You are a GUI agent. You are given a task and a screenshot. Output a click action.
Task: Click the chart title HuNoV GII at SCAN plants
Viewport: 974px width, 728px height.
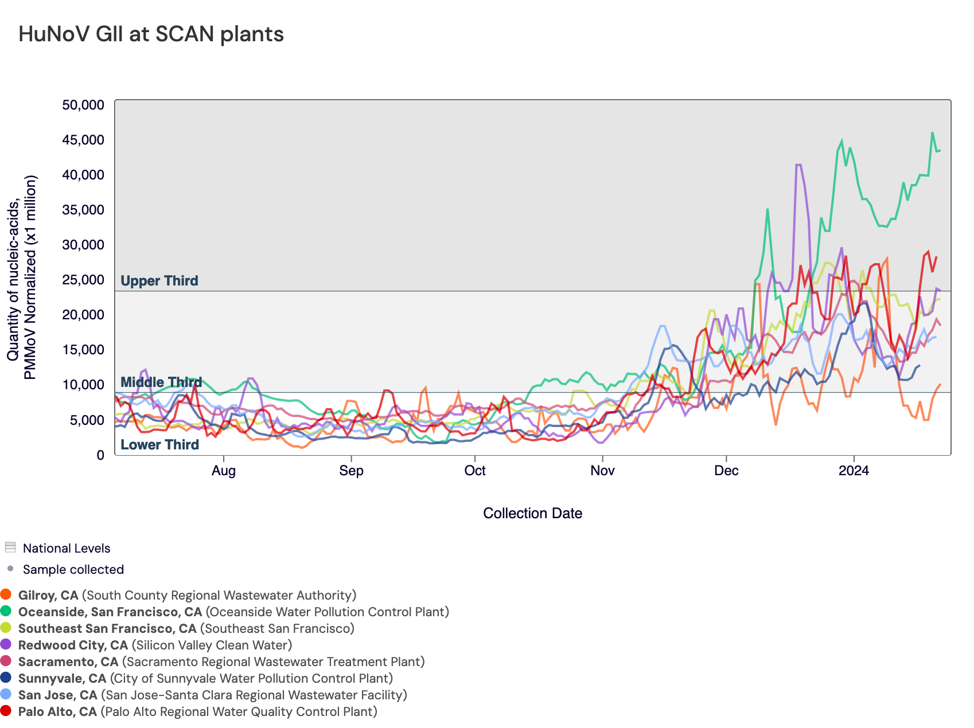click(151, 34)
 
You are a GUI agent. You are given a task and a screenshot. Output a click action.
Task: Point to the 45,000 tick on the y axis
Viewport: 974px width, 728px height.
click(83, 140)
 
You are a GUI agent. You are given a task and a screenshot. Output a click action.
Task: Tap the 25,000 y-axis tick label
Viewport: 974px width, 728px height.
click(83, 280)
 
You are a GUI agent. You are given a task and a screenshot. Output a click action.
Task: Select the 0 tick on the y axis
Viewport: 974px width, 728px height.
click(100, 455)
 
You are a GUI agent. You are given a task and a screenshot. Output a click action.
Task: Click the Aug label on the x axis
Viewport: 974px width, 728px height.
click(223, 471)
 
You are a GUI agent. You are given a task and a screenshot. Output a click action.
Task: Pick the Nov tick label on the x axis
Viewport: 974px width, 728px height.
click(602, 471)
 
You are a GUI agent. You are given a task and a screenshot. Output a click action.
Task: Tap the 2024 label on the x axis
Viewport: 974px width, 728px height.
click(854, 471)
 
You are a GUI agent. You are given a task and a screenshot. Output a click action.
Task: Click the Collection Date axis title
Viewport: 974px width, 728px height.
click(532, 514)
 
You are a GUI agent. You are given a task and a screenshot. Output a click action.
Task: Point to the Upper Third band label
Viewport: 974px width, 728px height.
click(159, 281)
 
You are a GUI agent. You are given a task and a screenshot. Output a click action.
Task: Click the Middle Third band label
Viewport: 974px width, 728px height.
click(161, 382)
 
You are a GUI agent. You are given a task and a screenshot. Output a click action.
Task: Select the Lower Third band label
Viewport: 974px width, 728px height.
click(159, 445)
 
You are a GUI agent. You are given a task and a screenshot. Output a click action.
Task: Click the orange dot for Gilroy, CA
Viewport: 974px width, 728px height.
click(6, 595)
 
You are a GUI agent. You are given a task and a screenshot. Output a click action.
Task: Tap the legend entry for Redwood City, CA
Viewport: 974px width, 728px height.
click(155, 645)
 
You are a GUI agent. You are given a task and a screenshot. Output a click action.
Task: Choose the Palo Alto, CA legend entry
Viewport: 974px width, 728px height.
click(197, 712)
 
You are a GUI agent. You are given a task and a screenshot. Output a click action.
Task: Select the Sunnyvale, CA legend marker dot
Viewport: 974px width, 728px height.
click(6, 678)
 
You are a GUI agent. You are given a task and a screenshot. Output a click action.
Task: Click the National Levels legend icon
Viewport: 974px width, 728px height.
click(10, 547)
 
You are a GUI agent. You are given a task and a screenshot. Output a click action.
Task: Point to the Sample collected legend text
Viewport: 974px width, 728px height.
click(73, 570)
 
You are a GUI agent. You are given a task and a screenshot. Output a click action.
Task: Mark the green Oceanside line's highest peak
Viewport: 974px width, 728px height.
click(932, 133)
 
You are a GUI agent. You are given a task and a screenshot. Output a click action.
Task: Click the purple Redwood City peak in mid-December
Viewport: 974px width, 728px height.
click(798, 165)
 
